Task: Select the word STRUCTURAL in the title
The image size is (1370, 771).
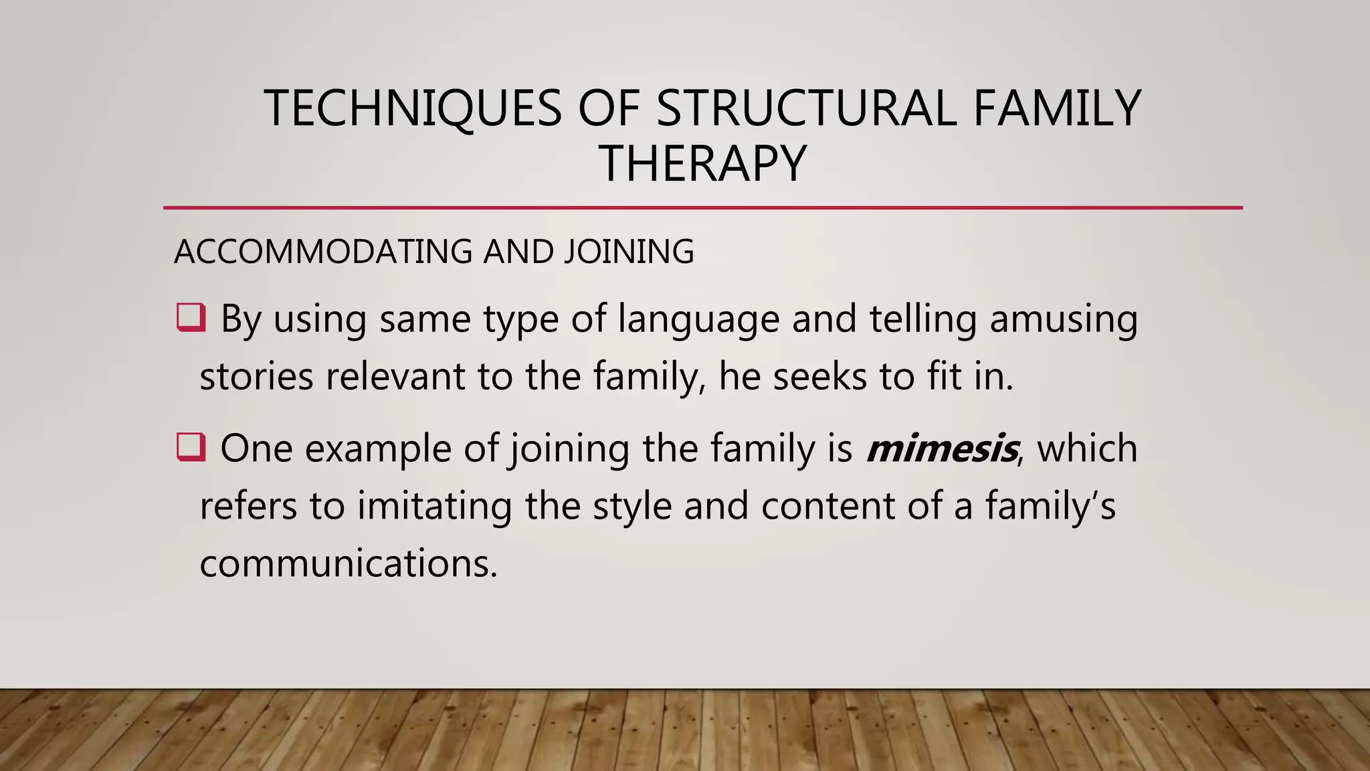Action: [806, 108]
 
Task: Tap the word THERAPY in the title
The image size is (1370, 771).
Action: [702, 164]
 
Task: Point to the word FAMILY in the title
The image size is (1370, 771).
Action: [1057, 108]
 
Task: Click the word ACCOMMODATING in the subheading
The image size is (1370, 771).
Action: [323, 252]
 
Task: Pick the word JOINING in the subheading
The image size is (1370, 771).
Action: [629, 252]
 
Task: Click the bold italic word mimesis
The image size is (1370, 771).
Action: [942, 449]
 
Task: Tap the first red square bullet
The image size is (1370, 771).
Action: [191, 318]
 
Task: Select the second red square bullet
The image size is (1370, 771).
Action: [191, 447]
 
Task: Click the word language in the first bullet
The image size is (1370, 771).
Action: [698, 320]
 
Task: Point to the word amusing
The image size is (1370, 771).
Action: [1064, 319]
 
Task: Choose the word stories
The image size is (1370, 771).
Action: [256, 377]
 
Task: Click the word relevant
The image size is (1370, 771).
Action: [395, 377]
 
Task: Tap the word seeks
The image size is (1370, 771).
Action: [819, 377]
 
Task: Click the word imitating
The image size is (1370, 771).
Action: [434, 507]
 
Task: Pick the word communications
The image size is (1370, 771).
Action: [349, 564]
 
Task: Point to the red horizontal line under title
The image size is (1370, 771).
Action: [702, 208]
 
